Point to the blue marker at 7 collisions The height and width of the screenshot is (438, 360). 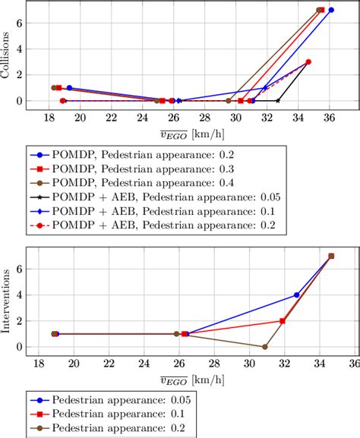point(331,11)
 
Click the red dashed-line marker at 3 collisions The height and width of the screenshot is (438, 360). point(308,62)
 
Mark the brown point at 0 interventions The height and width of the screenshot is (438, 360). point(264,347)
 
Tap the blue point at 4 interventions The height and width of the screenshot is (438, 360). point(296,295)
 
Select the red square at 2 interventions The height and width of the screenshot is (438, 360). point(283,321)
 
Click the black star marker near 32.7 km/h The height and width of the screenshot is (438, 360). point(278,100)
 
